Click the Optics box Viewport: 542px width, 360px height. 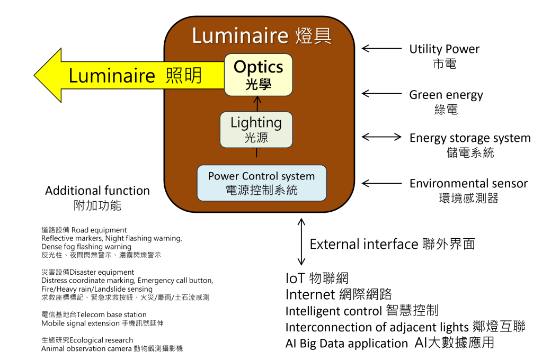tap(258, 74)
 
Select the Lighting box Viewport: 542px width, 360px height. tap(256, 129)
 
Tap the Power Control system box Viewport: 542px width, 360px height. tap(261, 183)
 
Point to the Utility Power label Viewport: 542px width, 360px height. tap(444, 50)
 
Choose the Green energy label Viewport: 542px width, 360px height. tap(446, 95)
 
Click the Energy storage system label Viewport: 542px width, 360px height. tap(469, 138)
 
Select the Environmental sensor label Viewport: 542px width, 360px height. tap(468, 184)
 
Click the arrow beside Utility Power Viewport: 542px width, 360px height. tap(381, 49)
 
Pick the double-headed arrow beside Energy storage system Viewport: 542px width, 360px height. tap(381, 137)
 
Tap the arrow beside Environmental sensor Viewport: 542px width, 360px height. tap(381, 183)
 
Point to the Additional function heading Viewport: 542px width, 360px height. tap(97, 191)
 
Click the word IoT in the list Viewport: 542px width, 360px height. tap(294, 278)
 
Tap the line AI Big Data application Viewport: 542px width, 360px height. tap(346, 343)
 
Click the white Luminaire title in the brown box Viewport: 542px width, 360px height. tap(239, 36)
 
